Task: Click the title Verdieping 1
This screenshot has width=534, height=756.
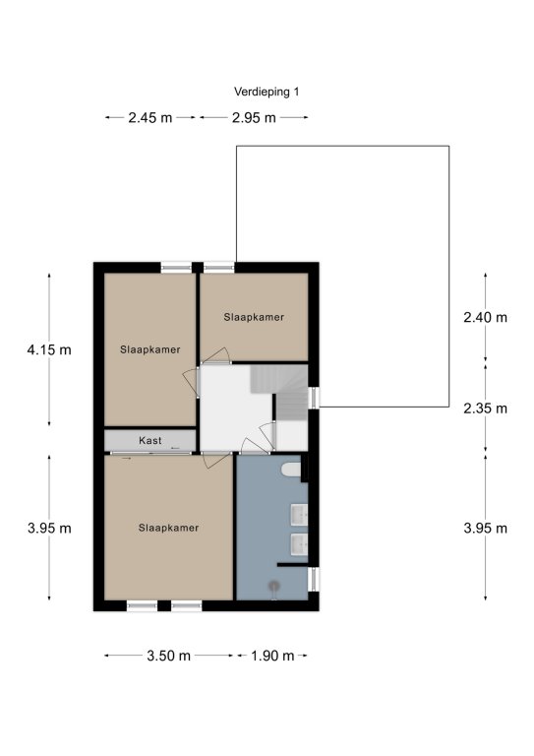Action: pyautogui.click(x=267, y=92)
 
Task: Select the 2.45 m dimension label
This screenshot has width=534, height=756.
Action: pyautogui.click(x=149, y=118)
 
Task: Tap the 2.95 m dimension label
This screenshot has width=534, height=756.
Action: pyautogui.click(x=254, y=118)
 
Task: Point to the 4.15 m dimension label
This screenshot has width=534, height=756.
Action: pyautogui.click(x=49, y=349)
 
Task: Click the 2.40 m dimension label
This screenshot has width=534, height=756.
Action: pyautogui.click(x=486, y=317)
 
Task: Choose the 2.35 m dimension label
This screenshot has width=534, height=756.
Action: pyautogui.click(x=486, y=409)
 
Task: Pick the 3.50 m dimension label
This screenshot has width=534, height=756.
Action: pyautogui.click(x=168, y=656)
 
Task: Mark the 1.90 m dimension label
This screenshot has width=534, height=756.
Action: pyautogui.click(x=272, y=656)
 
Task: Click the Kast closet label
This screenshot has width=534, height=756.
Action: pyautogui.click(x=150, y=440)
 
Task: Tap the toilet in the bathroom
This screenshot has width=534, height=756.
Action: pyautogui.click(x=292, y=471)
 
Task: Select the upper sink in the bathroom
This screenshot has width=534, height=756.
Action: pyautogui.click(x=299, y=515)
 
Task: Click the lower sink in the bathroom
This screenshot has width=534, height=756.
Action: pyautogui.click(x=299, y=543)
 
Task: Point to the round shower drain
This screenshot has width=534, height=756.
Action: pyautogui.click(x=274, y=586)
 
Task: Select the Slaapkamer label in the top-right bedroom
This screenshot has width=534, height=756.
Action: pyautogui.click(x=254, y=317)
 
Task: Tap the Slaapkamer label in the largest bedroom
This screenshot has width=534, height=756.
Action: pyautogui.click(x=168, y=528)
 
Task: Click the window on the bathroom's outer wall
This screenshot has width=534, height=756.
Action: pyautogui.click(x=314, y=579)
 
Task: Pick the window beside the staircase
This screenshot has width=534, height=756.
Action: pyautogui.click(x=314, y=398)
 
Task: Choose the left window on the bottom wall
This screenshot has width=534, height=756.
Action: pyautogui.click(x=142, y=605)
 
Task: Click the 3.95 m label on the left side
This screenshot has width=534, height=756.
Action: pyautogui.click(x=49, y=529)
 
